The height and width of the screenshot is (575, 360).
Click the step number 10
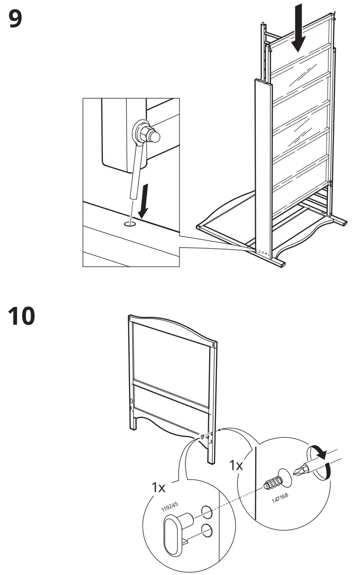pos(21,315)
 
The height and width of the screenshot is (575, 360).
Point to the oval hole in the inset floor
pos(130,224)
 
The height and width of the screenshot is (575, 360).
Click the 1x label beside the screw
pos(236,465)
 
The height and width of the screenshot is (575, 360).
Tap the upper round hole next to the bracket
pos(205,511)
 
